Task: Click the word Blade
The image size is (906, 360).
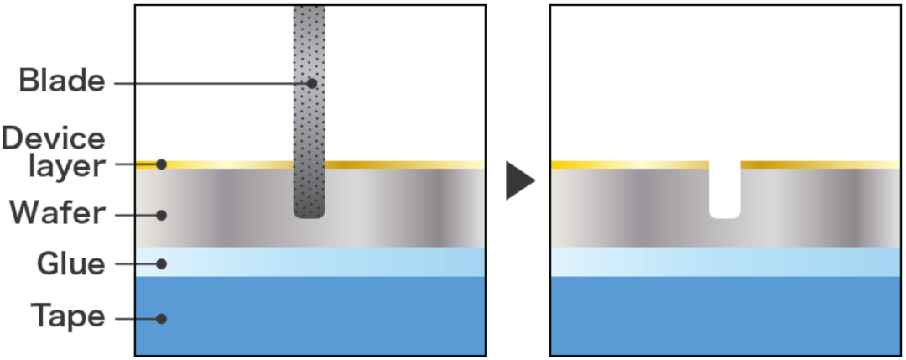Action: pyautogui.click(x=62, y=82)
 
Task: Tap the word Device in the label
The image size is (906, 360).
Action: pyautogui.click(x=53, y=139)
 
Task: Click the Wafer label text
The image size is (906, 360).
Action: pyautogui.click(x=57, y=214)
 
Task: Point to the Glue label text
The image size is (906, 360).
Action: pyautogui.click(x=70, y=265)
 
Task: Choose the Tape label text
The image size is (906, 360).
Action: pyautogui.click(x=68, y=317)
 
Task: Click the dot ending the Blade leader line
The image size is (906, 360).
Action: pyautogui.click(x=312, y=83)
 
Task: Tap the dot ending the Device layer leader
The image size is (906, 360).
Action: pyautogui.click(x=162, y=164)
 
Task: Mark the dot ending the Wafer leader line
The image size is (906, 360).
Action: pyautogui.click(x=162, y=215)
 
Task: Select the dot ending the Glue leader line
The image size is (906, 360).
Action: pyautogui.click(x=162, y=264)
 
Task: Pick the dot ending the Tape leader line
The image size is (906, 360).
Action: pyautogui.click(x=162, y=319)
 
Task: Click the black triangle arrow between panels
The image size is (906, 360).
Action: pyautogui.click(x=519, y=181)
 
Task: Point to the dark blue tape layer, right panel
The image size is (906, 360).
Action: pyautogui.click(x=726, y=316)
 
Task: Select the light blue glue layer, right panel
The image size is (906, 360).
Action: pyautogui.click(x=726, y=262)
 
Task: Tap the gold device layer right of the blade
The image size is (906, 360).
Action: pyautogui.click(x=403, y=164)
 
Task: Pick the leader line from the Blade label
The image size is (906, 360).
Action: pyautogui.click(x=210, y=83)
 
